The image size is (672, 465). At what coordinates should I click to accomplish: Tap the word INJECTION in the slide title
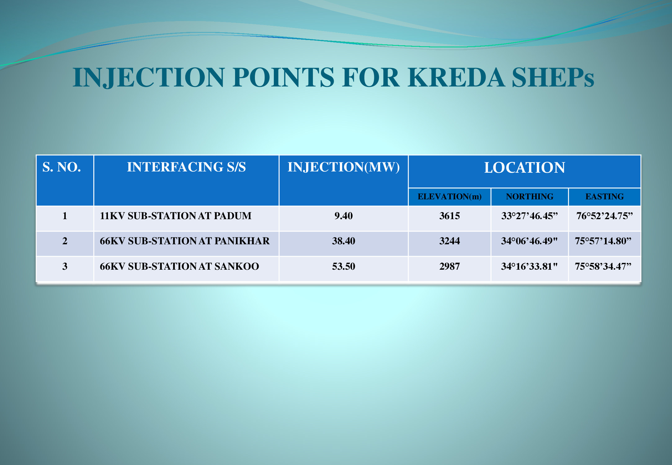coord(149,78)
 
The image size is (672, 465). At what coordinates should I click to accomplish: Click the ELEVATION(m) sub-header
coord(450,197)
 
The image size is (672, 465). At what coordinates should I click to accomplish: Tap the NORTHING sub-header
coord(530,197)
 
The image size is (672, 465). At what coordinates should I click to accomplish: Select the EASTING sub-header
coord(605,197)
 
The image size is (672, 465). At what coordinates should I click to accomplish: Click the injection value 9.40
coord(344,216)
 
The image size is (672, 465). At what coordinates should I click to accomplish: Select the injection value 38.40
coord(344,241)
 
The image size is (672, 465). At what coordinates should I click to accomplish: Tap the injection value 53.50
coord(344,266)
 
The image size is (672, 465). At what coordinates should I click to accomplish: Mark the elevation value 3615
coord(450,216)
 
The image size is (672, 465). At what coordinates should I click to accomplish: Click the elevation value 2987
coord(450,266)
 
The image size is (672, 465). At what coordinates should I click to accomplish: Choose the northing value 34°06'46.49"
coord(529,241)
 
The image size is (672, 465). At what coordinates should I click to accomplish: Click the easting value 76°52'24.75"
coord(604,216)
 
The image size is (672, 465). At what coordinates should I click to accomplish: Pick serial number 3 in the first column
coord(65,266)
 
